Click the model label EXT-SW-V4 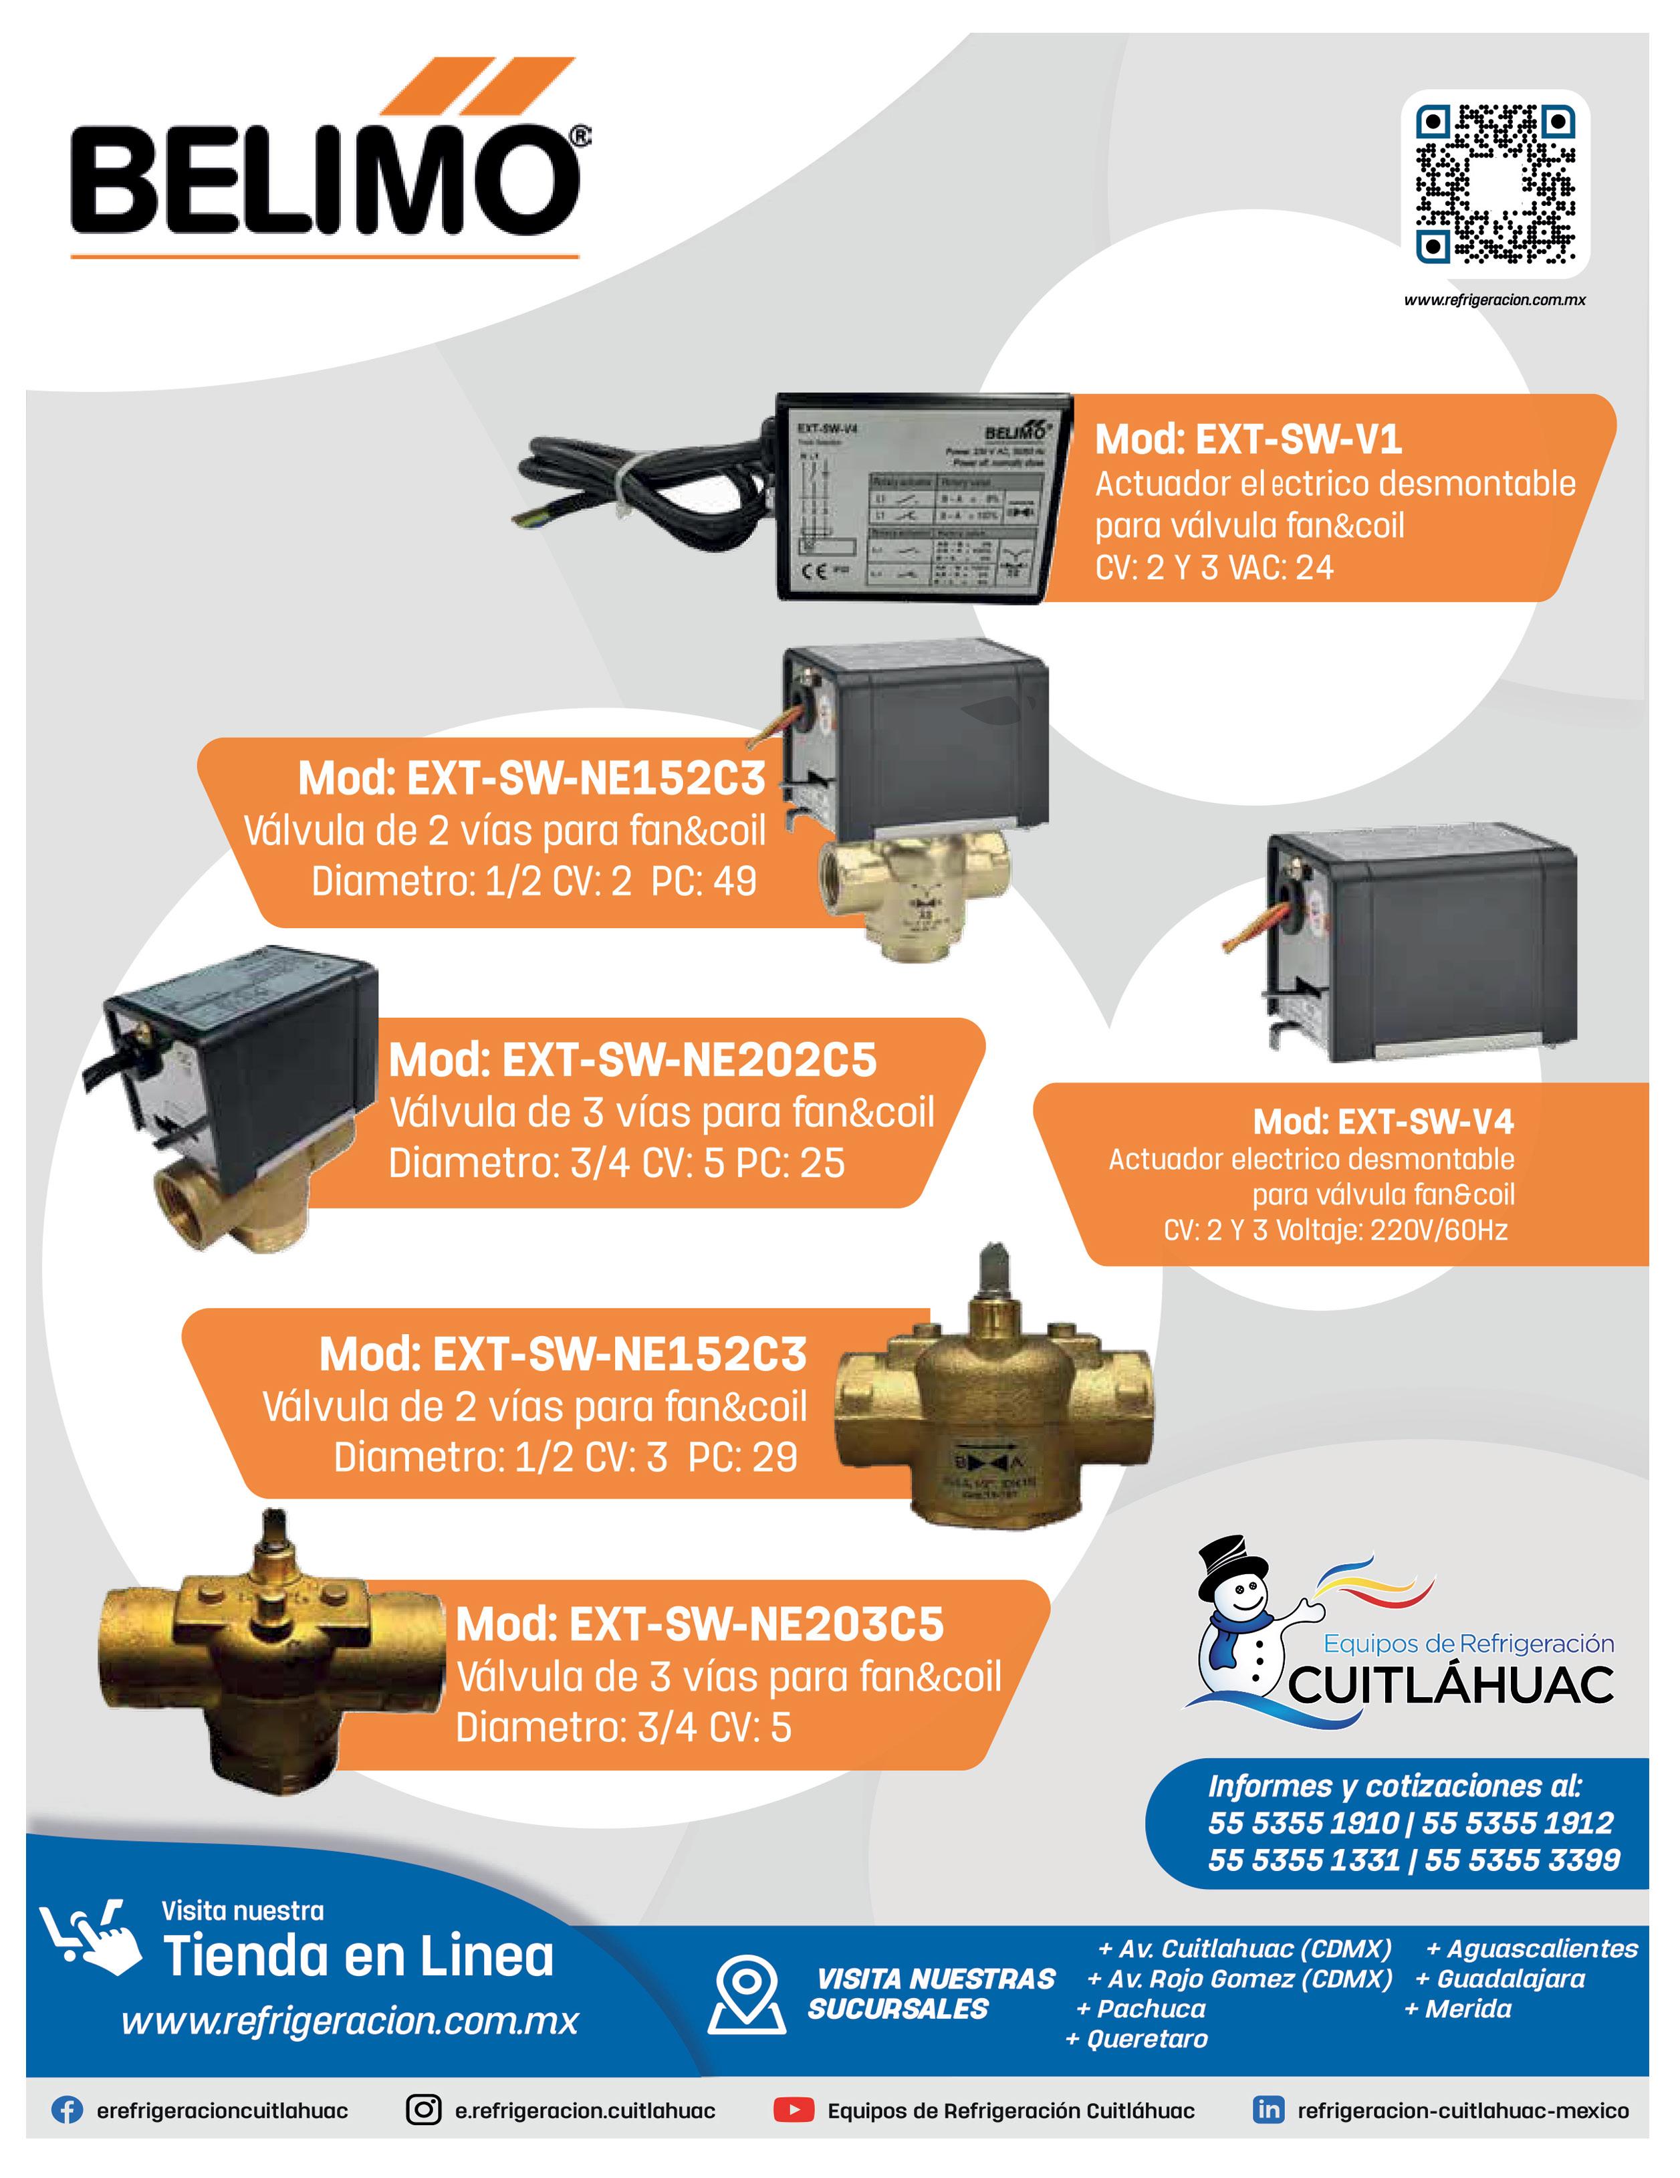(1383, 1122)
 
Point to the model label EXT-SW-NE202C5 (633, 1060)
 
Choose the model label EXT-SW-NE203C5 (699, 1624)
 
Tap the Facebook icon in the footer (67, 2110)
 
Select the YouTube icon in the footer (794, 2110)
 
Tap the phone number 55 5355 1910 (1302, 1823)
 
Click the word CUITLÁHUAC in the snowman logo (1451, 1684)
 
